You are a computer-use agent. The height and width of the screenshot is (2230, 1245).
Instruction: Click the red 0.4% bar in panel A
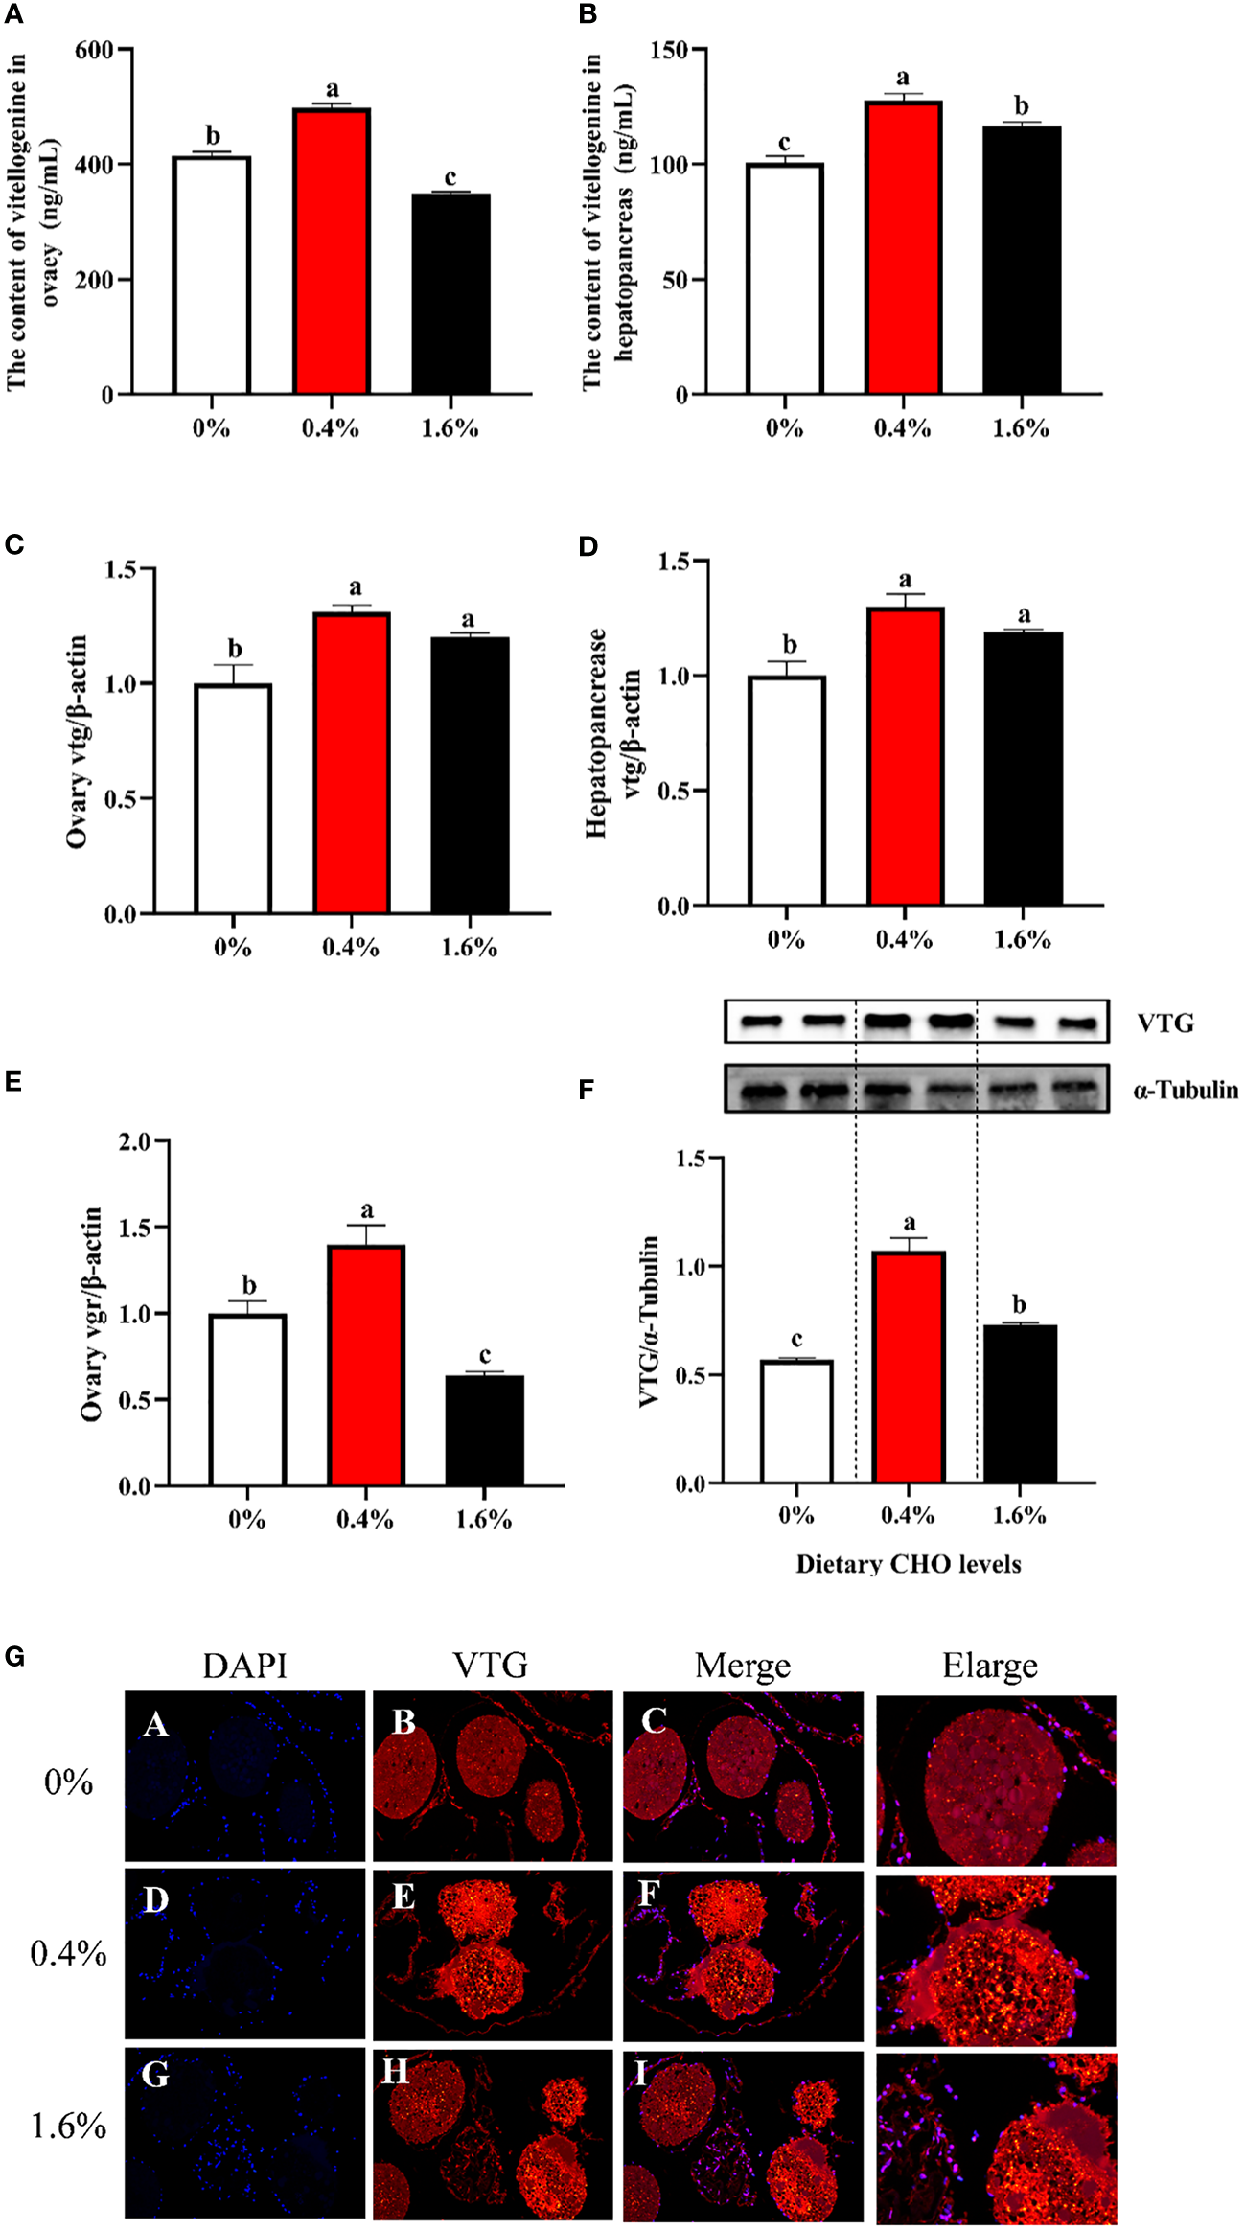point(332,251)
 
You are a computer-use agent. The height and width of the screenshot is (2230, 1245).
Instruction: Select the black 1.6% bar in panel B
point(1022,260)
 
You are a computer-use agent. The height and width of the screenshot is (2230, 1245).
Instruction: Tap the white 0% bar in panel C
point(233,797)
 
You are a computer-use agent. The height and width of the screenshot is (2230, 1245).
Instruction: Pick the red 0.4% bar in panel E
point(366,1365)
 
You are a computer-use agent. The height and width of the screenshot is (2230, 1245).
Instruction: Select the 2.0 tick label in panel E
point(135,1141)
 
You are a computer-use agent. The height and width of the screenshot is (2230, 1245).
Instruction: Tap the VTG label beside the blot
point(1165,1023)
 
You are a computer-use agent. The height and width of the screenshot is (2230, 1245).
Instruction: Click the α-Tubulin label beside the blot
point(1186,1090)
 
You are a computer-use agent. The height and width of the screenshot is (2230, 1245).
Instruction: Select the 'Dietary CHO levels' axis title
point(908,1564)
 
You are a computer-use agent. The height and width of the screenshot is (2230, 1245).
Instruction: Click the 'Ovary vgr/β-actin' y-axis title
point(92,1314)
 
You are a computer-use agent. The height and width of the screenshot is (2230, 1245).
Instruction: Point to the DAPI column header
point(244,1665)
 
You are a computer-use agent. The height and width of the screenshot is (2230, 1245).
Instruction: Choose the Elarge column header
point(989,1665)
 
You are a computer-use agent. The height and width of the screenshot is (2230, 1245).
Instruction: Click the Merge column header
point(743,1665)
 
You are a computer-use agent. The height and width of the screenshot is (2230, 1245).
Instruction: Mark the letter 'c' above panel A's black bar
point(450,178)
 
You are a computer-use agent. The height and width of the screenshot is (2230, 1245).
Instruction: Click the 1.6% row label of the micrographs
point(68,2126)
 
